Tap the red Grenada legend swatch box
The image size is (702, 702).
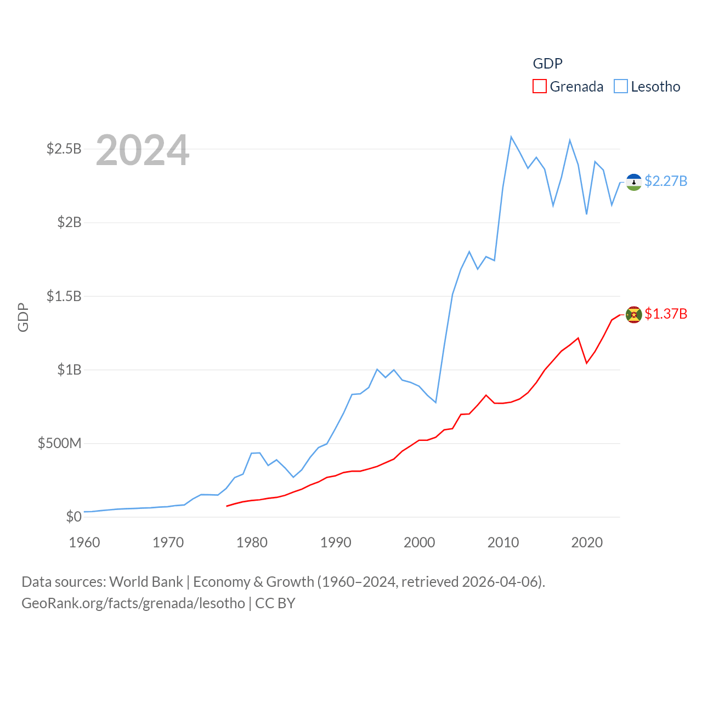[540, 87]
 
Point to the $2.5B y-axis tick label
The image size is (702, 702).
[64, 149]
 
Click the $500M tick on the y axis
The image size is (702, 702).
[59, 443]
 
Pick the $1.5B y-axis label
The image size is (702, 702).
[64, 296]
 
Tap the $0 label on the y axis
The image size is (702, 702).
[73, 517]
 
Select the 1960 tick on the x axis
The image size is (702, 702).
[84, 542]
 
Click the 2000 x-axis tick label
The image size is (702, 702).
[420, 542]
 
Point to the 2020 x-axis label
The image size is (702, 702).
[587, 542]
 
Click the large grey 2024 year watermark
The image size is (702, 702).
[143, 151]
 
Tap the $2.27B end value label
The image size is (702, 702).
[666, 181]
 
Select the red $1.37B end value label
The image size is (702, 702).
[666, 314]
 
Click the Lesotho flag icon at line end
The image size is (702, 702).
[634, 182]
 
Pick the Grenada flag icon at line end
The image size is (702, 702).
[634, 315]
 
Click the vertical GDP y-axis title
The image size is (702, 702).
[23, 317]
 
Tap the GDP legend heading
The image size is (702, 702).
[547, 64]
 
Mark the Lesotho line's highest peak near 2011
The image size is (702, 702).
[511, 137]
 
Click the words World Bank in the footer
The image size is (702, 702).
[146, 581]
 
